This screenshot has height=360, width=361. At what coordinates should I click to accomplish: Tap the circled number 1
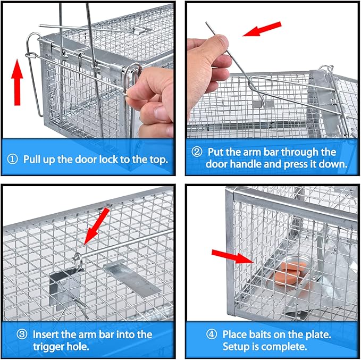click(13, 159)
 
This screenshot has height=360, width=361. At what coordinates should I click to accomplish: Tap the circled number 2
click(196, 152)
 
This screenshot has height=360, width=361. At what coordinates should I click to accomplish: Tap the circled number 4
click(211, 335)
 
